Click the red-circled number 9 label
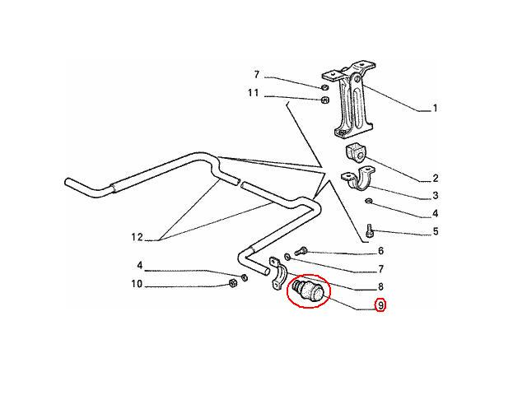[x=380, y=305]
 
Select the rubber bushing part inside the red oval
[x=308, y=290]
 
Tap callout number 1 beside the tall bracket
[x=435, y=108]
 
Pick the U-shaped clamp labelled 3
[x=357, y=179]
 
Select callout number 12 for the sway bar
[x=138, y=238]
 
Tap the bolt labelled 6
[x=301, y=251]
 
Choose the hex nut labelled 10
[x=232, y=283]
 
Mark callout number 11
[x=254, y=93]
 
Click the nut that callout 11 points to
[x=324, y=100]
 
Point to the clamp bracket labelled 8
[x=278, y=273]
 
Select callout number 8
[x=380, y=286]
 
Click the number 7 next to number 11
[x=257, y=75]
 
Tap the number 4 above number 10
[x=140, y=266]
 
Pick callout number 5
[x=436, y=231]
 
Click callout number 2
[x=436, y=179]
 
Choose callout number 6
[x=380, y=251]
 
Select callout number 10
[x=137, y=284]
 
